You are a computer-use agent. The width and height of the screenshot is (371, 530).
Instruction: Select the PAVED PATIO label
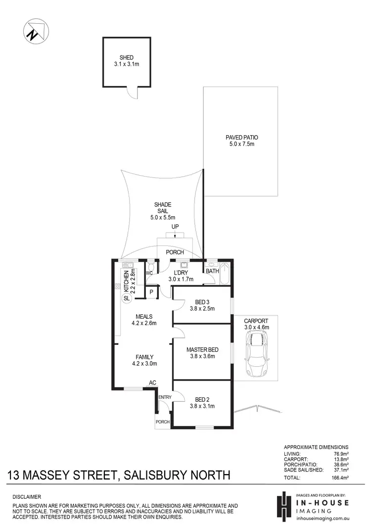pos(241,138)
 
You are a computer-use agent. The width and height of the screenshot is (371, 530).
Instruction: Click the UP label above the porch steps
pos(175,226)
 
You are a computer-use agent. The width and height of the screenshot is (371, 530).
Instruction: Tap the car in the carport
pos(257,353)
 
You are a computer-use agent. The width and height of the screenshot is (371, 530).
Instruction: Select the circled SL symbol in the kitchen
pos(126,298)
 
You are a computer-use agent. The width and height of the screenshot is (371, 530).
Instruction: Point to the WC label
pos(149,273)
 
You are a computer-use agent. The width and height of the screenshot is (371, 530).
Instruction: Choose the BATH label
pos(213,271)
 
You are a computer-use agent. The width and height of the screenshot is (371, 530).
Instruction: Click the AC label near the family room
pos(153,383)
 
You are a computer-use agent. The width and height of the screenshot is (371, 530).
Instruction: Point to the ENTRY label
pos(164,397)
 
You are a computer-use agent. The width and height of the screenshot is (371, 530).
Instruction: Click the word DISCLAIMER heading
pos(27,496)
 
